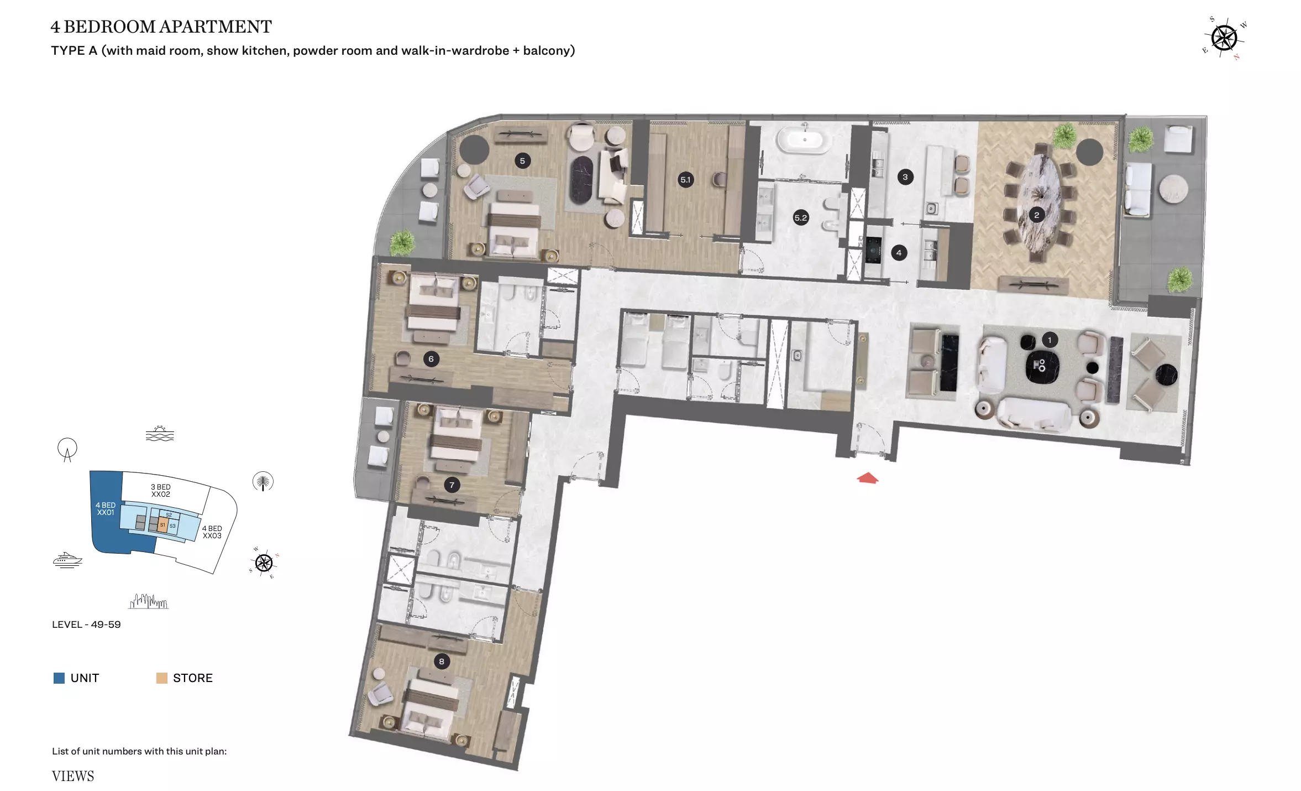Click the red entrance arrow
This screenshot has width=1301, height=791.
[x=867, y=478]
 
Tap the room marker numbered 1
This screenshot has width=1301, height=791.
[x=1049, y=340]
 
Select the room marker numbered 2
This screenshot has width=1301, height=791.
[x=1036, y=215]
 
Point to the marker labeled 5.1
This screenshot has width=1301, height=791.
[x=685, y=179]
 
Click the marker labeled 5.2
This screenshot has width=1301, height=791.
[x=801, y=217]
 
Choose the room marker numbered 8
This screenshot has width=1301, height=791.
[x=441, y=661]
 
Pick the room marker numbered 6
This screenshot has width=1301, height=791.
[x=431, y=359]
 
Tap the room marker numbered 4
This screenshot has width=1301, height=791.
[x=899, y=253]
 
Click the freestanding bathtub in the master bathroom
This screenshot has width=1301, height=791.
[x=804, y=139]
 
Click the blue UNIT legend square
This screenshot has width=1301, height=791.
[x=59, y=678]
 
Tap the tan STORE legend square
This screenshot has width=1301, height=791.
[x=162, y=678]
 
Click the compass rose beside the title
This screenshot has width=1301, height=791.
[x=1224, y=38]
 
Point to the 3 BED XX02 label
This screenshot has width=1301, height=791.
[x=161, y=491]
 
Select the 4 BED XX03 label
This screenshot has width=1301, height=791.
[x=212, y=532]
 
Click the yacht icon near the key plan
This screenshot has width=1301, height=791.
[x=67, y=560]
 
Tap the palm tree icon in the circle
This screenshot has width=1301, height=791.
[x=263, y=482]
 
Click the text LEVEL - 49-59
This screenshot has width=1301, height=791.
[x=86, y=625]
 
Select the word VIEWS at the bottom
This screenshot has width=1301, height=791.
[x=73, y=776]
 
